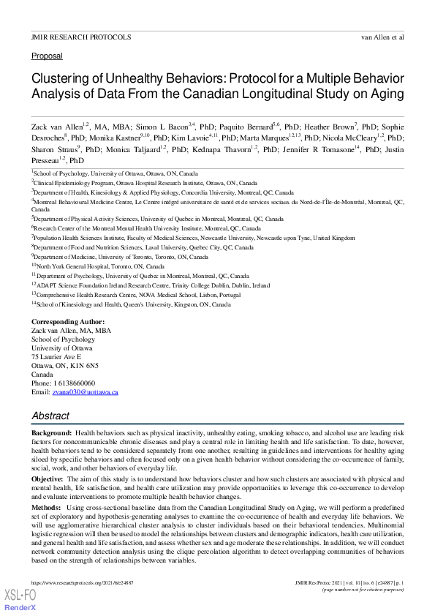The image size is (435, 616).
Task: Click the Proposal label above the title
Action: (x=47, y=56)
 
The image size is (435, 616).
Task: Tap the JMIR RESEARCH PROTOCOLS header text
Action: (x=81, y=36)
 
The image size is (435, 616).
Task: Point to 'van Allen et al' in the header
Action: (x=382, y=36)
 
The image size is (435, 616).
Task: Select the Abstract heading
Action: (x=50, y=416)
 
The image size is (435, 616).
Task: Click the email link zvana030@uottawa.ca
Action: (x=85, y=392)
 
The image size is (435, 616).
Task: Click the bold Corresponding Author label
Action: (x=68, y=322)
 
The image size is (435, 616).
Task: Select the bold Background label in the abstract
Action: (x=51, y=434)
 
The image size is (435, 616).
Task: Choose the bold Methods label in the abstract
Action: (x=46, y=506)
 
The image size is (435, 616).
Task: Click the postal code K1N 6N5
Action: (x=85, y=366)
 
